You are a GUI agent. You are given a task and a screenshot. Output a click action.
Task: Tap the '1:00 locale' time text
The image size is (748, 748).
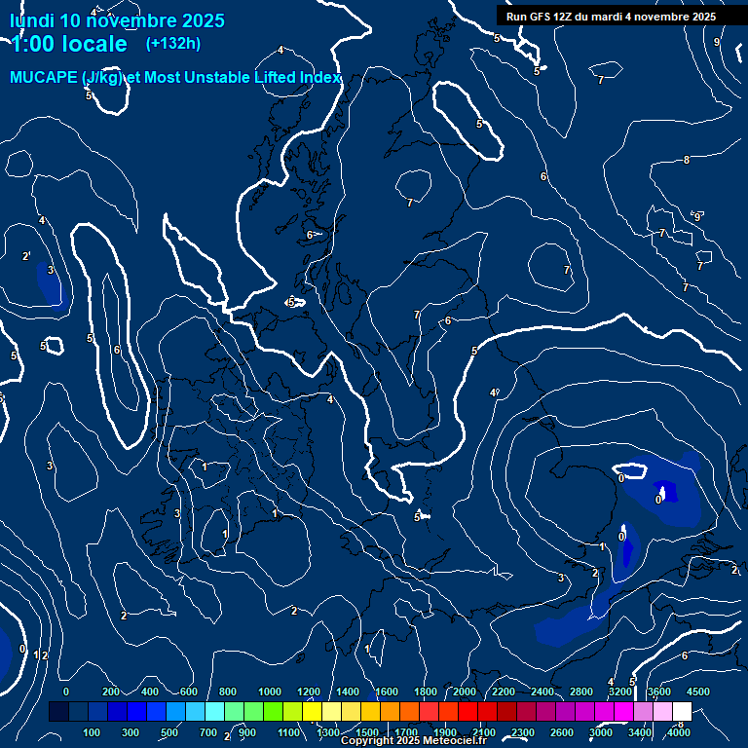(69, 44)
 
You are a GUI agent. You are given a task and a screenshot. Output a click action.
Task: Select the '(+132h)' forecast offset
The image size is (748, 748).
(173, 43)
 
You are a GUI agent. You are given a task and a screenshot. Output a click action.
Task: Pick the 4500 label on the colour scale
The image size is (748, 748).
(697, 692)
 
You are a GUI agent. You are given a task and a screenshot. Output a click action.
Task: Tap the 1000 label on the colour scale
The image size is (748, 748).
(270, 692)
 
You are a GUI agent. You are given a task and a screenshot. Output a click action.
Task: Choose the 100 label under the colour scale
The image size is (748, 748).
(93, 732)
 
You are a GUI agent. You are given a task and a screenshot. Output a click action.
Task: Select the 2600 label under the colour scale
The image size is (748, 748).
(561, 732)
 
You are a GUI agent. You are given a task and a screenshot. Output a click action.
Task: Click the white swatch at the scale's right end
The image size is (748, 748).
(682, 712)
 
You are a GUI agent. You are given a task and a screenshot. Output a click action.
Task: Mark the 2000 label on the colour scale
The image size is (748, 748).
(465, 692)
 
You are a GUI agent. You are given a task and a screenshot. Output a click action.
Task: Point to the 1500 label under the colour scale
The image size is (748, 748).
(367, 732)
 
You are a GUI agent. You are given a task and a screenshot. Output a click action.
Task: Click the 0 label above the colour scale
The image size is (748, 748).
(66, 692)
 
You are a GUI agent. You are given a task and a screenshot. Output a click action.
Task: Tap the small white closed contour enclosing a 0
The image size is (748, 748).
(633, 471)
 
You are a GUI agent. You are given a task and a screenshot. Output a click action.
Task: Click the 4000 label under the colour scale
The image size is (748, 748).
(679, 732)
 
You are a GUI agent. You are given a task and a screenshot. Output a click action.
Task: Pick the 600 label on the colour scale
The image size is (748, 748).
(189, 692)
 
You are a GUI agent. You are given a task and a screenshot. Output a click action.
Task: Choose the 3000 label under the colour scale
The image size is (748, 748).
(601, 732)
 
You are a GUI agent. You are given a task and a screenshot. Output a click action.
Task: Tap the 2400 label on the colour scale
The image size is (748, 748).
(542, 692)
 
